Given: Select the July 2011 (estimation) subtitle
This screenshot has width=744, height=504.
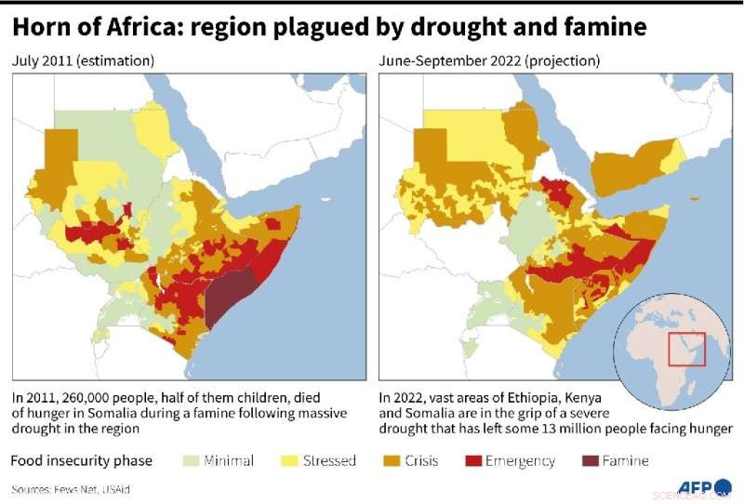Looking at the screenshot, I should (x=83, y=61).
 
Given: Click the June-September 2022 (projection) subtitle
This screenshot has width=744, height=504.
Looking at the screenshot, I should (x=489, y=61).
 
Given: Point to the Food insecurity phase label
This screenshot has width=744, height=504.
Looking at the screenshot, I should (x=79, y=460).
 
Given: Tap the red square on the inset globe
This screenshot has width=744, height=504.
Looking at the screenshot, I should (x=688, y=349).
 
